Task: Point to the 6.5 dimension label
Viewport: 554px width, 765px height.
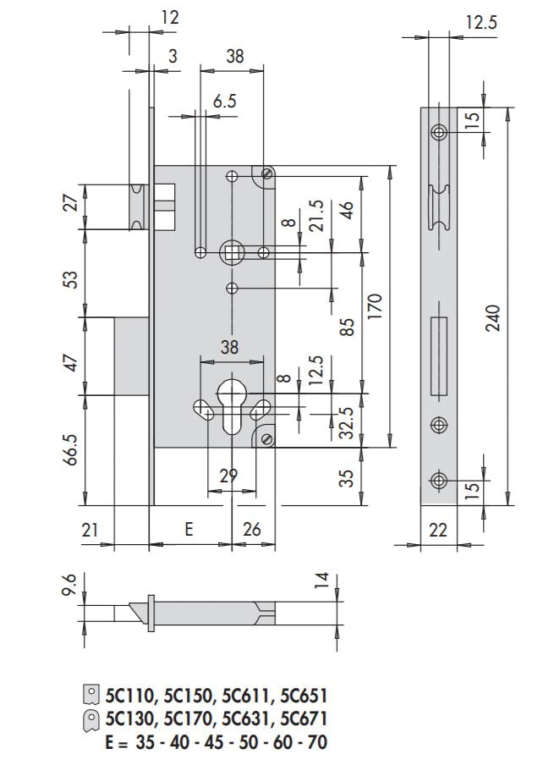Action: pyautogui.click(x=224, y=101)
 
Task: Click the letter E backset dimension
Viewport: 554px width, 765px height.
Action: pyautogui.click(x=189, y=529)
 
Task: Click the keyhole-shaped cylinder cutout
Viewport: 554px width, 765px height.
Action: pyautogui.click(x=232, y=405)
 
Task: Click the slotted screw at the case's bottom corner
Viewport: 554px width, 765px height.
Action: pyautogui.click(x=267, y=438)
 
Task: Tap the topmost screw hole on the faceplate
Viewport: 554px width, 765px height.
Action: pyautogui.click(x=438, y=132)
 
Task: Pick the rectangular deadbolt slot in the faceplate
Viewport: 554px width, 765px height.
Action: pyautogui.click(x=438, y=356)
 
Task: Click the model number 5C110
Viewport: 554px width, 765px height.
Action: pyautogui.click(x=132, y=696)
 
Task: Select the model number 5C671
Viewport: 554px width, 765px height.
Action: pyautogui.click(x=303, y=719)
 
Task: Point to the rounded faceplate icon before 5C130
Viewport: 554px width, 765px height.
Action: pyautogui.click(x=91, y=719)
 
